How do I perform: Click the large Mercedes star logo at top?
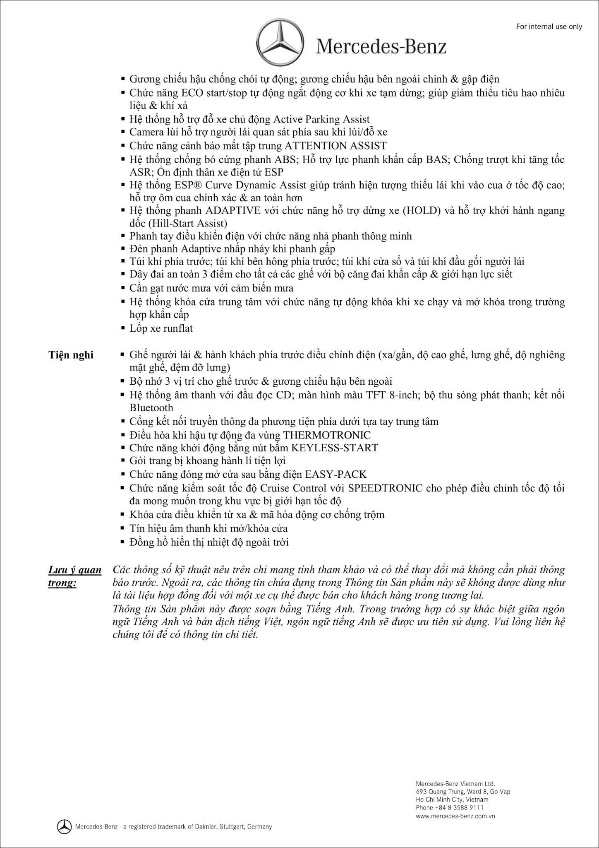coord(279,43)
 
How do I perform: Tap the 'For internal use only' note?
coord(549,26)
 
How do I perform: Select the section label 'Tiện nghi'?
coord(71,355)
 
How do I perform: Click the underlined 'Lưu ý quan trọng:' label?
coord(74,576)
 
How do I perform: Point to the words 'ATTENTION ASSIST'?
coord(335,146)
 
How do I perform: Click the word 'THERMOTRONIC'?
coord(327,435)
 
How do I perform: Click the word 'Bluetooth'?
coord(151,408)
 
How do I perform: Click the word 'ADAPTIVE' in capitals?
coord(233,210)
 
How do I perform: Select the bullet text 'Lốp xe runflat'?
coord(161,328)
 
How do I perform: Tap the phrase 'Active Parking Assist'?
coord(321,120)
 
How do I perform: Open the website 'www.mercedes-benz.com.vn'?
coord(455,816)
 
